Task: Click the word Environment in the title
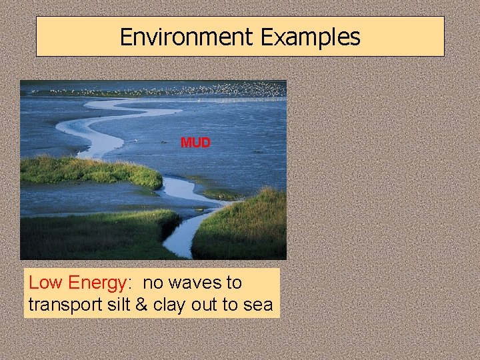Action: coord(187,37)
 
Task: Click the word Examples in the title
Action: coord(311,37)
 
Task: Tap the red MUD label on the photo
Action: coord(195,143)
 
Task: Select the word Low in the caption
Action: coord(44,283)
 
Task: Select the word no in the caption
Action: coord(152,283)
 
